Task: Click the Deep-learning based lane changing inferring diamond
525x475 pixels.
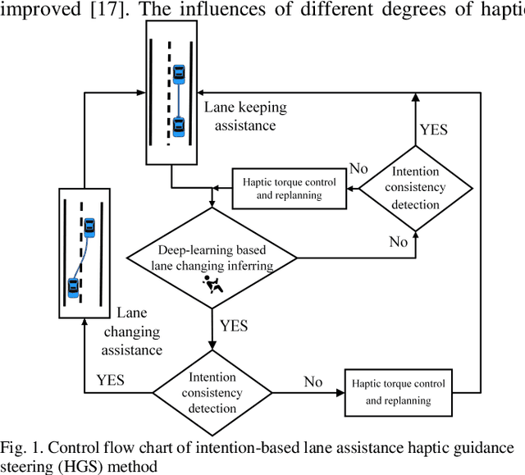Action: pos(212,257)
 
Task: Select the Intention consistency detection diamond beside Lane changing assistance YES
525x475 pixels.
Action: pos(212,386)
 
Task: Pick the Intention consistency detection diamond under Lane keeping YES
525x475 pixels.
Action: pos(416,188)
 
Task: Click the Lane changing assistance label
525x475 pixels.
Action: pos(131,331)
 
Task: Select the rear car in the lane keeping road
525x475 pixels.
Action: pos(179,126)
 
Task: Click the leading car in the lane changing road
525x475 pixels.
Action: pos(89,226)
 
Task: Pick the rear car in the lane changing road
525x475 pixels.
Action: pos(74,287)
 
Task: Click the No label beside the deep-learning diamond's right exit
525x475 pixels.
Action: pos(398,242)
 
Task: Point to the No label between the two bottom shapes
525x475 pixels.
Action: pos(313,381)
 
